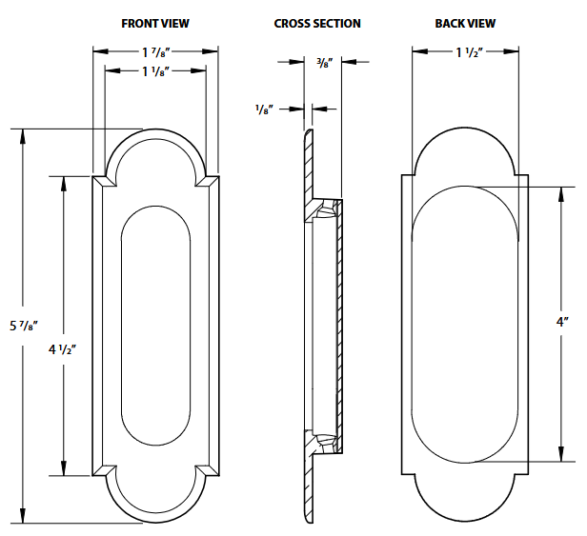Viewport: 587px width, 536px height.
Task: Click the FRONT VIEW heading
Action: pos(156,22)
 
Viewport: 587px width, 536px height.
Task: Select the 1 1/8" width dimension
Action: pos(155,69)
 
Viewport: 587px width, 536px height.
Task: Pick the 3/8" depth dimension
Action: pos(324,63)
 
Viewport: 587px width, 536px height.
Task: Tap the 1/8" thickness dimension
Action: pos(264,109)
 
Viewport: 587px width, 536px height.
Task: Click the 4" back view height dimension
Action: pos(562,323)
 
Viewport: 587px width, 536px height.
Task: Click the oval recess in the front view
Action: pos(155,324)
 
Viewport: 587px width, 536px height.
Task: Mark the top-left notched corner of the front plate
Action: pos(103,180)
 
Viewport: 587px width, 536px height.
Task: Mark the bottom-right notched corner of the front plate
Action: pos(209,468)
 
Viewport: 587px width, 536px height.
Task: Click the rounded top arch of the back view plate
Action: pos(467,143)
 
